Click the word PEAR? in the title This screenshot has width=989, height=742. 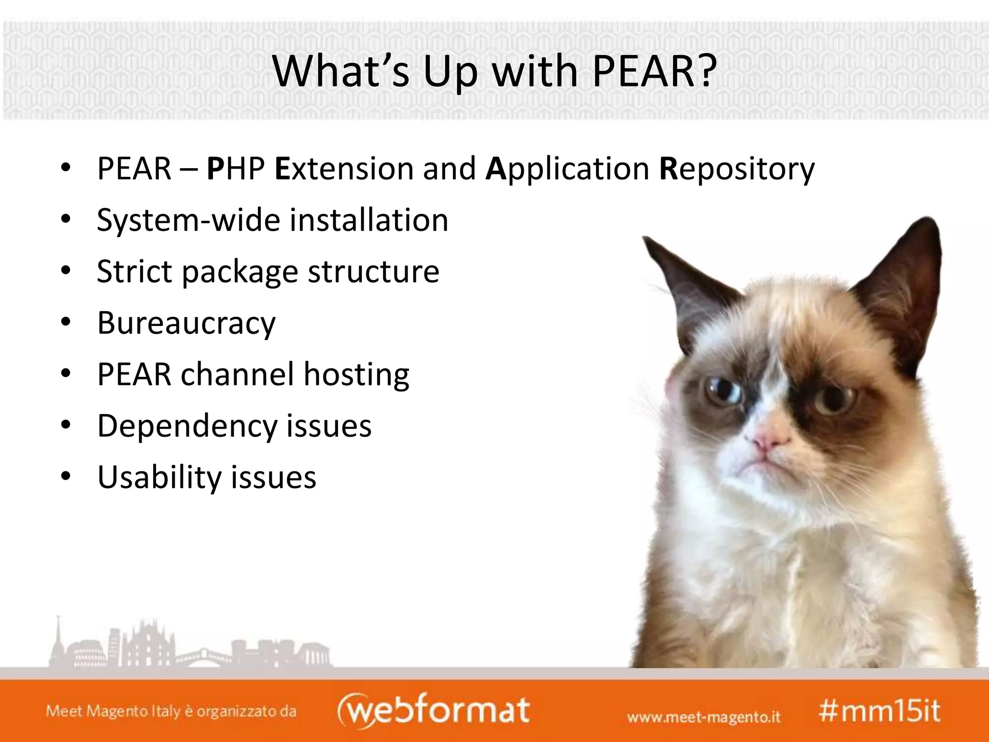click(x=653, y=71)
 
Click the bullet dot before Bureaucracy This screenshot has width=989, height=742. click(x=66, y=322)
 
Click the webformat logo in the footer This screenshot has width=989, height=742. click(x=433, y=711)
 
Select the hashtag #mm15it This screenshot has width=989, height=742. click(x=879, y=711)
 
